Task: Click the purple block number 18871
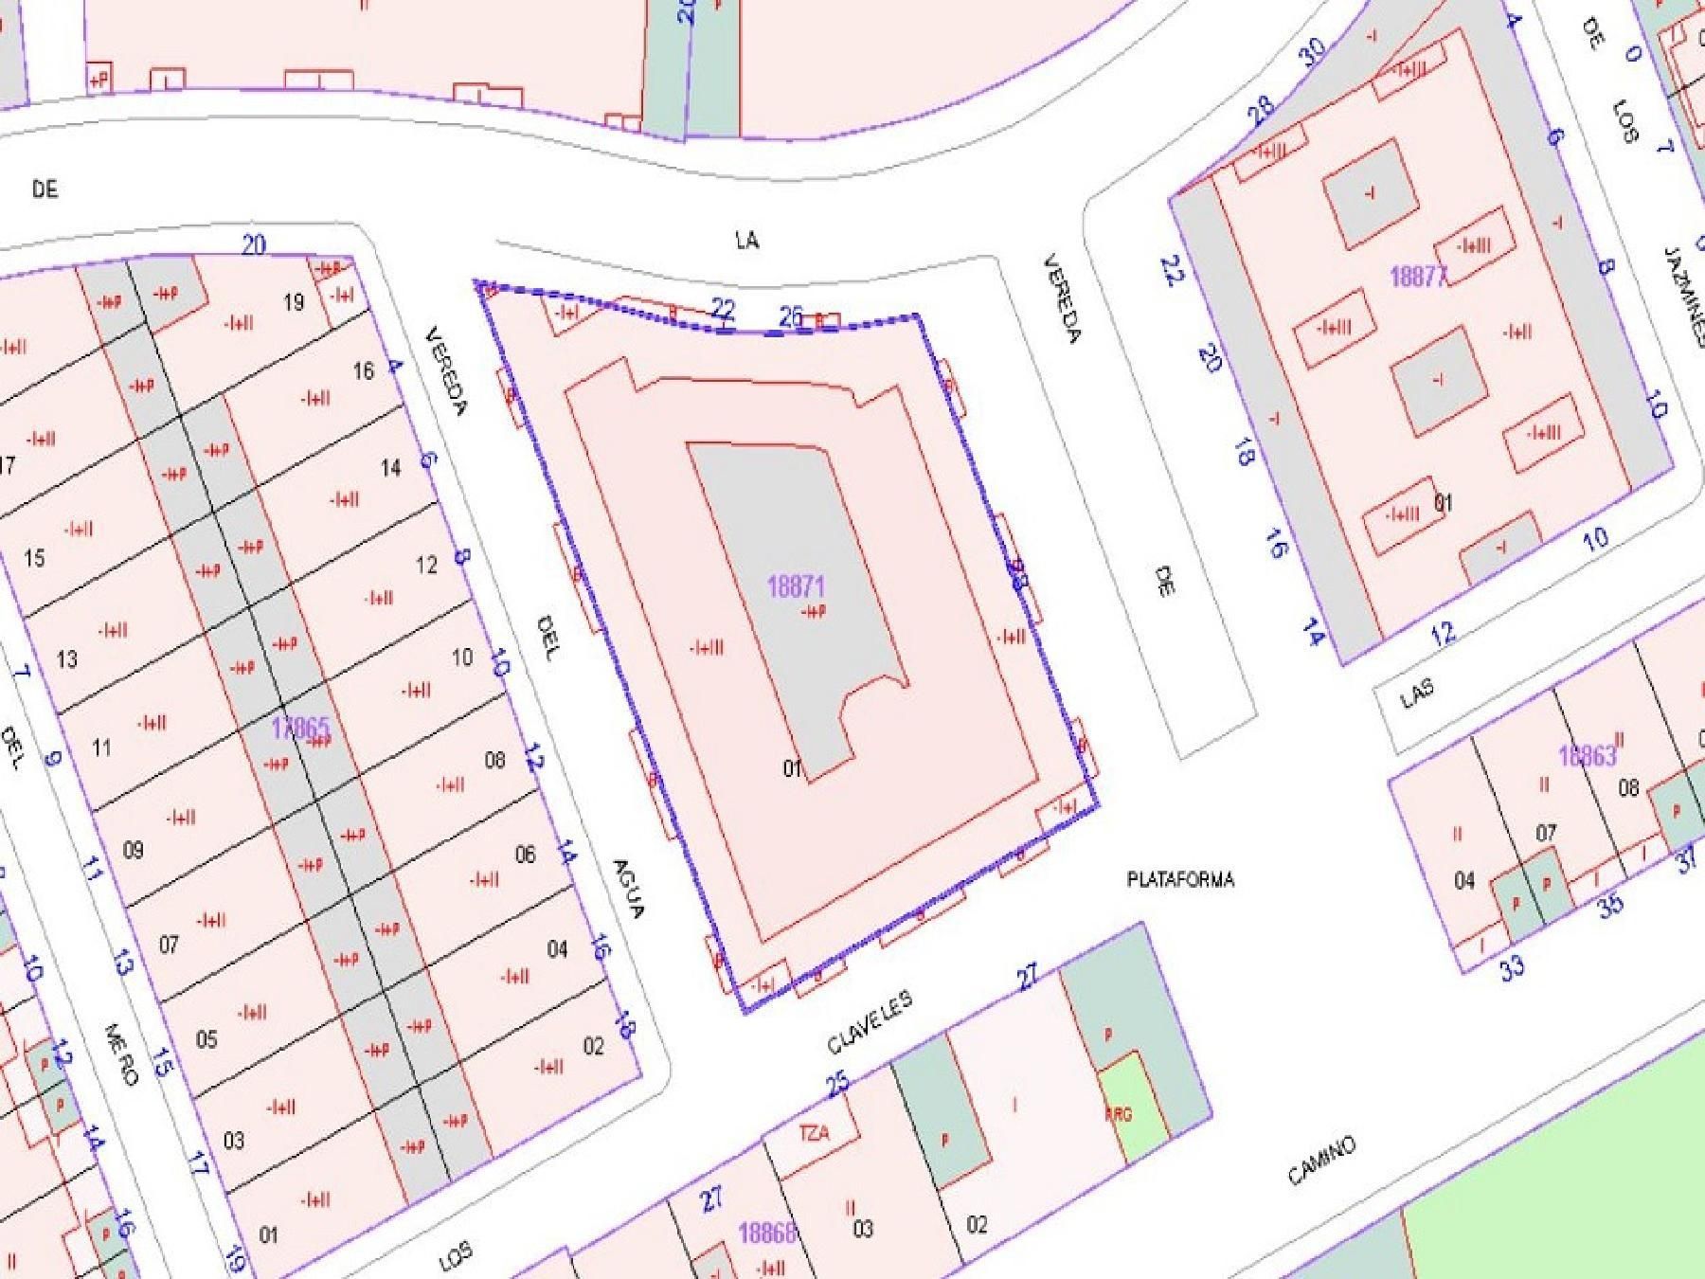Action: coord(795,586)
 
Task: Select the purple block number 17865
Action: coord(300,729)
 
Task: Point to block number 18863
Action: coord(1587,756)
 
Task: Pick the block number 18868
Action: coord(766,1233)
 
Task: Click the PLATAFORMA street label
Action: coord(1180,880)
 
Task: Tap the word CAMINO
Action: coord(1321,1161)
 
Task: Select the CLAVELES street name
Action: coord(870,1023)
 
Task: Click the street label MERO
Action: coord(121,1054)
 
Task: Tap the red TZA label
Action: coord(814,1134)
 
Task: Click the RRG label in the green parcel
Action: coord(1119,1115)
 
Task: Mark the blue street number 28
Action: coord(1261,111)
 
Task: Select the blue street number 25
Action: coord(838,1082)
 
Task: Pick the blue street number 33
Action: coord(1513,967)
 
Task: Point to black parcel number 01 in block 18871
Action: coord(793,768)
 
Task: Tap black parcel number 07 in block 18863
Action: coord(1545,834)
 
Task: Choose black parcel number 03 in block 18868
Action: coord(862,1230)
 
